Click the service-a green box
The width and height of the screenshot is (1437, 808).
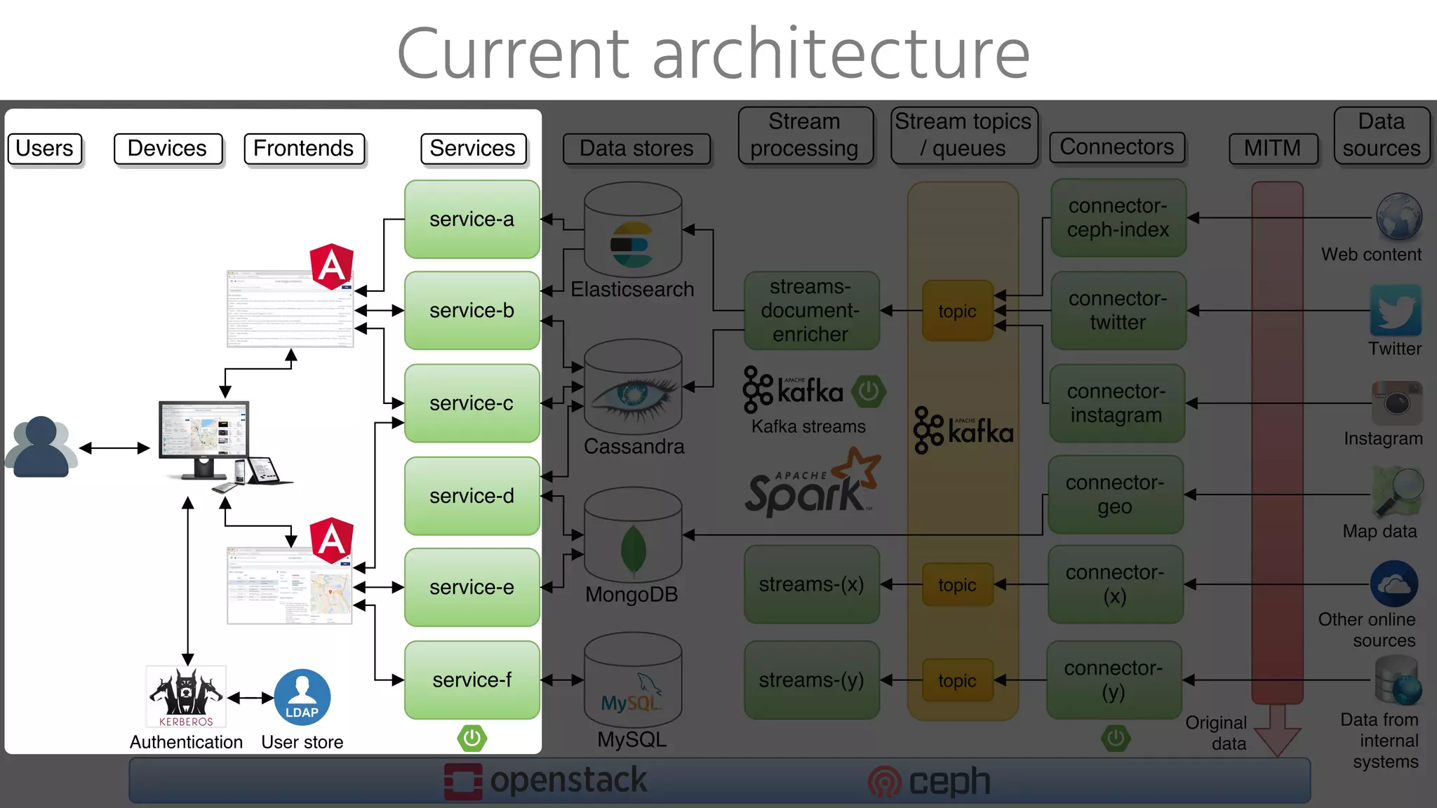472,219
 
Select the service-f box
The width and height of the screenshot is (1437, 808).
472,680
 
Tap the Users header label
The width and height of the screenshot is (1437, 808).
44,149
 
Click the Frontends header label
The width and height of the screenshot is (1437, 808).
304,149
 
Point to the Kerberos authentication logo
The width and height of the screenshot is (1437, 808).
186,696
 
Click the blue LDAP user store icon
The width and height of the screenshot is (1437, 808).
302,697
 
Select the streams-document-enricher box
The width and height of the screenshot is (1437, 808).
811,311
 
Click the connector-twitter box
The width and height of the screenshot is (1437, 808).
1118,311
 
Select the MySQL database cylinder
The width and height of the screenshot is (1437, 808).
633,680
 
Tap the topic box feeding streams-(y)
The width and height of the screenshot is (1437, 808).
957,680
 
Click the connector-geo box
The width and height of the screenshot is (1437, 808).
1115,494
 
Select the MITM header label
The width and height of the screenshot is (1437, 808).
1272,149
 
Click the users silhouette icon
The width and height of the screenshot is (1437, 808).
41,447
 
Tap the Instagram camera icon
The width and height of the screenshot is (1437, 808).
1396,403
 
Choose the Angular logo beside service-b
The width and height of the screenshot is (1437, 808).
331,267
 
